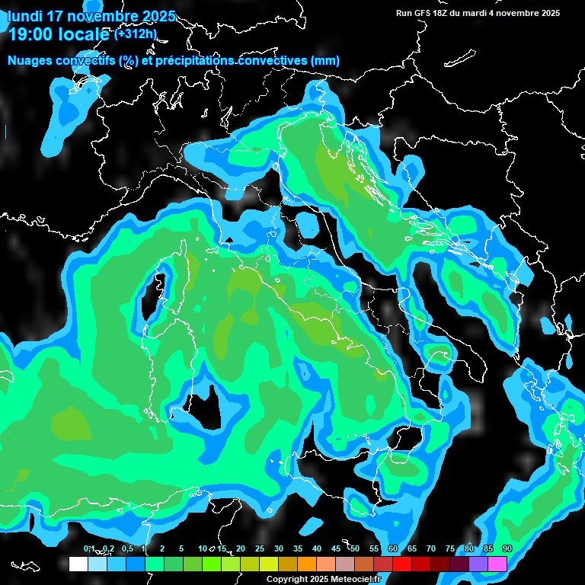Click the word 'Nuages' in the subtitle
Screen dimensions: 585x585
(x=30, y=60)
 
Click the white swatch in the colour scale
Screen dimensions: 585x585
(x=78, y=564)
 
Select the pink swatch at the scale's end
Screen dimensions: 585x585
(x=497, y=564)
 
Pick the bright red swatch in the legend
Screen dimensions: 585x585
(x=402, y=564)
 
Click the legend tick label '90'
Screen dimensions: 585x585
(x=507, y=549)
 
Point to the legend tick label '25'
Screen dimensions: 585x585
(x=260, y=549)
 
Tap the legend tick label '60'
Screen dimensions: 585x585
(x=393, y=549)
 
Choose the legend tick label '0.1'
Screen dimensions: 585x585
(x=88, y=549)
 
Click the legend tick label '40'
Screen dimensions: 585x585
(x=317, y=549)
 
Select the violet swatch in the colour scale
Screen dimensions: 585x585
(x=478, y=564)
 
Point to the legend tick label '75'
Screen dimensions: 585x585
(x=450, y=549)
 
